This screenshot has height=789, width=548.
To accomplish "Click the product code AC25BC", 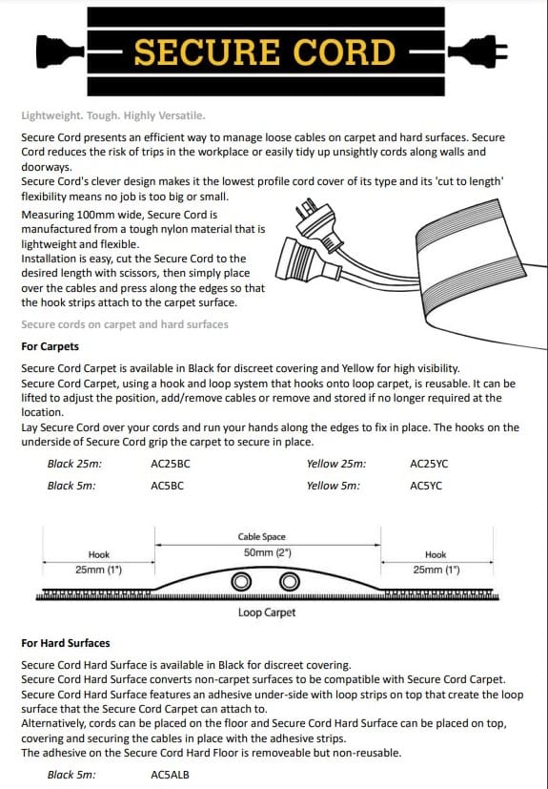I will point(171,464).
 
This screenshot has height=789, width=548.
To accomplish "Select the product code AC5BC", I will point(168,486).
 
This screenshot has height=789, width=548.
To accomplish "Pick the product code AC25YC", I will point(429,464).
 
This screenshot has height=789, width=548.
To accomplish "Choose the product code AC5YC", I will point(426,486).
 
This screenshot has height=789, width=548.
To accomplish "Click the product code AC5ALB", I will point(171,775).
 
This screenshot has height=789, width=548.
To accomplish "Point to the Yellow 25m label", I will point(336,464).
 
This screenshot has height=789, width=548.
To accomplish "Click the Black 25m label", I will point(74,464).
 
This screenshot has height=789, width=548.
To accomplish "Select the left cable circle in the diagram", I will point(242,582).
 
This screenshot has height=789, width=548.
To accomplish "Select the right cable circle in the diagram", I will point(288,582).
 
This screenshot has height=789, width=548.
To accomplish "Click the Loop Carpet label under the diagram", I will point(267,613).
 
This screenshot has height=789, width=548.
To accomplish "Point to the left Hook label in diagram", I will point(99,554).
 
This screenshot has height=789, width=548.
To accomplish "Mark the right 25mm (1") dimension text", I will point(436,570).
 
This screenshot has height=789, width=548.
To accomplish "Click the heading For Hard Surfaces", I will point(65,643).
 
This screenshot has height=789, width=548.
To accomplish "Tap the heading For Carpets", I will point(50,346).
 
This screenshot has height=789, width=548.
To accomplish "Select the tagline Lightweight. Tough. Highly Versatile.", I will point(112,115).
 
